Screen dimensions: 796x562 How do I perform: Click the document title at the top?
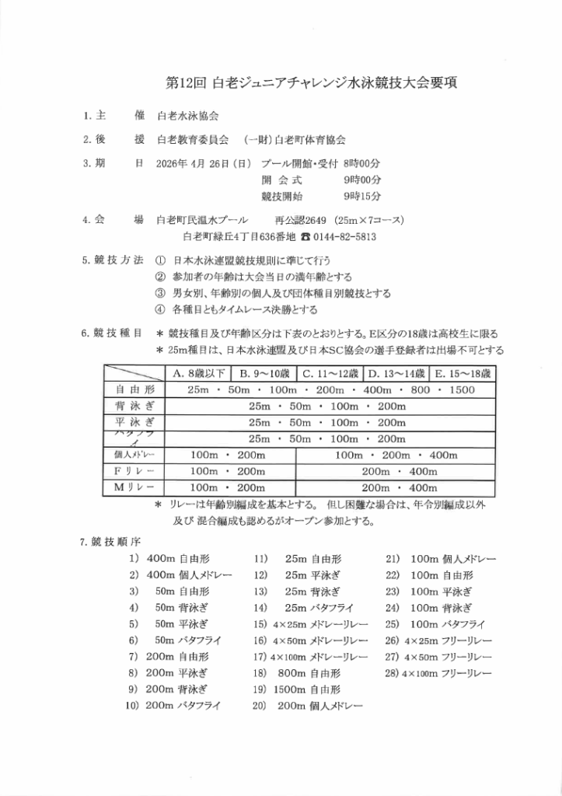[x=312, y=82]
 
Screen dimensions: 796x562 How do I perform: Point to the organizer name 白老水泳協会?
[x=187, y=115]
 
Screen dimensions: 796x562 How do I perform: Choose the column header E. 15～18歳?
[x=465, y=374]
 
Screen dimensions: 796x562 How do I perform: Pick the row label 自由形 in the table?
[x=135, y=389]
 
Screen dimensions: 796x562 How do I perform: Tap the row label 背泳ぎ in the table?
[x=135, y=406]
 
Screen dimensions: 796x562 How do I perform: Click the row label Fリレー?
[x=135, y=471]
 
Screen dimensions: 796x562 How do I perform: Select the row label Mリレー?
[x=135, y=487]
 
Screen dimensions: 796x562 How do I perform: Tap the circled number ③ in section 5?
[x=160, y=294]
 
